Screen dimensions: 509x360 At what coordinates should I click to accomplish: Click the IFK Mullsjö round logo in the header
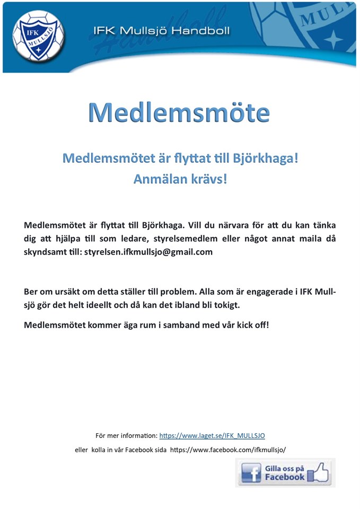(x=38, y=36)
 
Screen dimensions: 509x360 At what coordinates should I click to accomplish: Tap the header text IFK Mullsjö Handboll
(x=161, y=31)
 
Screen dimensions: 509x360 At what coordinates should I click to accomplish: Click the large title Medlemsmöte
(x=179, y=112)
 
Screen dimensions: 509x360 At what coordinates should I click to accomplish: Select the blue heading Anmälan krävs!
(x=180, y=179)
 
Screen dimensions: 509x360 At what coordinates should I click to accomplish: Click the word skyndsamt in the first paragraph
(x=44, y=252)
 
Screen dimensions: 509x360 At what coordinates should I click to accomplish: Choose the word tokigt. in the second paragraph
(x=226, y=305)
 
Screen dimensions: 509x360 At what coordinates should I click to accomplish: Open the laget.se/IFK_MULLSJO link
(x=212, y=436)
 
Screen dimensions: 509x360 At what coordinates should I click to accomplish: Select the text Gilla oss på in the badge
(x=285, y=468)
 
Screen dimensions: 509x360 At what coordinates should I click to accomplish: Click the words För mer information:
(x=126, y=436)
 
